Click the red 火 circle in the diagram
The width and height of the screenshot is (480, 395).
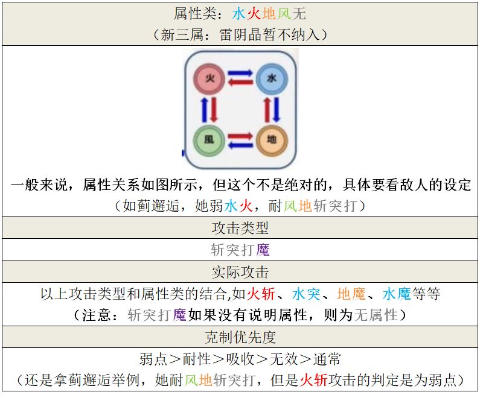coord(209,78)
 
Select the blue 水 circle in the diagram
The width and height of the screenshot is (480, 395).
coord(272,78)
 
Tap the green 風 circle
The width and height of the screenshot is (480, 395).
coord(209,140)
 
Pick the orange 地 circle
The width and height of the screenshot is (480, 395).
coord(272,140)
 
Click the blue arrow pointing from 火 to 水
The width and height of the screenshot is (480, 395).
coord(240,74)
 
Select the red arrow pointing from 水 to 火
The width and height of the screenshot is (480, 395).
coord(240,82)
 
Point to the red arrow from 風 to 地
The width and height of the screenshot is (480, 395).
coord(240,136)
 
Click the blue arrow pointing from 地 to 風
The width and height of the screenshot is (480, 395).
coord(240,144)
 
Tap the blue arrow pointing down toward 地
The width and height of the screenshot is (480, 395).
coord(277,109)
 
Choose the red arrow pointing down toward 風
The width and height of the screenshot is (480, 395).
coord(214,109)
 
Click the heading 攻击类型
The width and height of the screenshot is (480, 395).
coord(240,228)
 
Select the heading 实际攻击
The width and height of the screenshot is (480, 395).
coord(240,272)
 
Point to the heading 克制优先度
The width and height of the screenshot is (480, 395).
coord(240,337)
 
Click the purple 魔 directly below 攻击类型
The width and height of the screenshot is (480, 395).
coord(263,250)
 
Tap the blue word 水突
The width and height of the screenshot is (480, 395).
coord(306,294)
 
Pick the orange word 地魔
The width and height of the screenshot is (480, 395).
coord(351,294)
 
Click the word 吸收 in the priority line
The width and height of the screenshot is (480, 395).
coord(240,359)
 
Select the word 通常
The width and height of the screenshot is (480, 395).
coord(327,359)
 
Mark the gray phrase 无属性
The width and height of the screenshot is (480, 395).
coord(376,315)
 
